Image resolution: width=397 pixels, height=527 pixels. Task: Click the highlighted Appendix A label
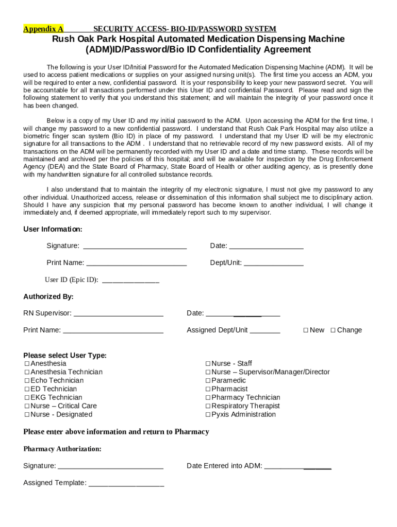tap(43, 29)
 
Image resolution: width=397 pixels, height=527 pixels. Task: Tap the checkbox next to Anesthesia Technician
tap(26, 372)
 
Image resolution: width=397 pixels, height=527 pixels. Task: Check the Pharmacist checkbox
tap(208, 389)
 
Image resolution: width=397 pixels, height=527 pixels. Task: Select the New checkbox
tap(306, 330)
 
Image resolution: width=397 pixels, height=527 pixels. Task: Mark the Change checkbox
tap(333, 330)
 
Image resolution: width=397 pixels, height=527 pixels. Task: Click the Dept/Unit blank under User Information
tap(273, 263)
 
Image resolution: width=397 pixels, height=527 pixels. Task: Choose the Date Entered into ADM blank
tap(297, 467)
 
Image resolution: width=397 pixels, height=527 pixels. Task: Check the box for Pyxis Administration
tap(208, 415)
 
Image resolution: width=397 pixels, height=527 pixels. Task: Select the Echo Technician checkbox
tap(26, 381)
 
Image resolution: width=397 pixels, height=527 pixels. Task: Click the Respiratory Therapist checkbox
tap(208, 406)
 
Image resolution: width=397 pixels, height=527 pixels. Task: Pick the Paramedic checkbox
tap(208, 381)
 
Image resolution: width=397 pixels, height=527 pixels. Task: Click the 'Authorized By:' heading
tap(48, 296)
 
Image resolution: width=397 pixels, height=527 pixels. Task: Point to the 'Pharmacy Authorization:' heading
tap(62, 449)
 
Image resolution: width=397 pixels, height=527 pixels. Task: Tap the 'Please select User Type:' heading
tap(65, 355)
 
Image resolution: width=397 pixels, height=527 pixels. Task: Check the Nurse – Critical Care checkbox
tap(26, 406)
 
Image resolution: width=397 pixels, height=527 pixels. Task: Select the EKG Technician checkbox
tap(26, 398)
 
